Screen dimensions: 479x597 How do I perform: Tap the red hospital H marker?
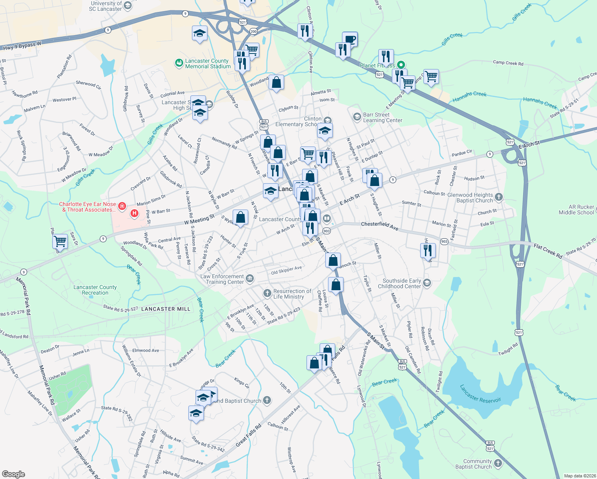134,213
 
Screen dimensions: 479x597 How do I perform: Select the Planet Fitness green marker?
401,65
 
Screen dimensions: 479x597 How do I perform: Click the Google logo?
13,474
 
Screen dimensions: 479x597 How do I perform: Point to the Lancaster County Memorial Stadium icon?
179,63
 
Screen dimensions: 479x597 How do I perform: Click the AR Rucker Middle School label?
576,210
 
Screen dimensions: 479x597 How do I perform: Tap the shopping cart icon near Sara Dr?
60,241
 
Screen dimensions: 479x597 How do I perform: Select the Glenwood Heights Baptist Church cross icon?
499,197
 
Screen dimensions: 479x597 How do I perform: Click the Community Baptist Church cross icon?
498,463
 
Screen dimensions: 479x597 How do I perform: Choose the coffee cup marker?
350,39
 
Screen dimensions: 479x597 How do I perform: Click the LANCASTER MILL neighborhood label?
166,309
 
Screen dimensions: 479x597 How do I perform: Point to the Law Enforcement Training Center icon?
250,278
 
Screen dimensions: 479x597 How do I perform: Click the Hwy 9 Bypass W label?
22,46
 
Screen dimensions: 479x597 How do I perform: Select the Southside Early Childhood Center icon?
427,283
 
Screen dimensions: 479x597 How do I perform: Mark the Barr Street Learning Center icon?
357,117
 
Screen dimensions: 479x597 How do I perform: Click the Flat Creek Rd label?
548,251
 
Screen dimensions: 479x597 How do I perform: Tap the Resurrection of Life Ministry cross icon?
267,293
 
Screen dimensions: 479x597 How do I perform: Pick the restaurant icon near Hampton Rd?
428,250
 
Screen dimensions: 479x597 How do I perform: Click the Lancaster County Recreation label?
95,290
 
